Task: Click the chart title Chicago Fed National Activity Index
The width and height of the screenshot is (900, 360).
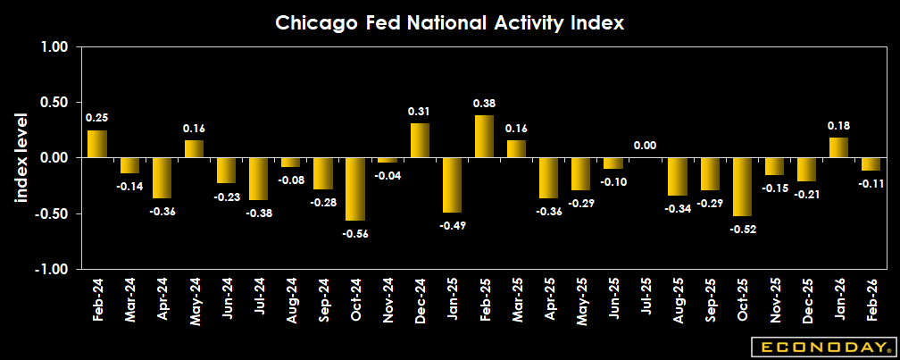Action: pos(449,22)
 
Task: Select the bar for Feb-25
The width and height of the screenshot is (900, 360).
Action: pos(484,137)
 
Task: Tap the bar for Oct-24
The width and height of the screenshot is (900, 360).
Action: pos(355,189)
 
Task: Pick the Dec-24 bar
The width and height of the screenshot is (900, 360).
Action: pos(420,141)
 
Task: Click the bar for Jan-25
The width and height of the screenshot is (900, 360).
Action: pos(452,185)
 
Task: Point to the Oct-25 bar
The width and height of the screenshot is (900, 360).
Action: pos(741,187)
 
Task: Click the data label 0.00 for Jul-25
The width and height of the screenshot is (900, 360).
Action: pos(645,146)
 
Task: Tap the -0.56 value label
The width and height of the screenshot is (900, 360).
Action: pos(355,233)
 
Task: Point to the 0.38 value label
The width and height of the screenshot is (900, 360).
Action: pos(484,104)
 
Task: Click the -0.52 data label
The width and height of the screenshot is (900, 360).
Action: pos(741,228)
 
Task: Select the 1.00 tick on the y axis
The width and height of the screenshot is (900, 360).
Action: pos(55,47)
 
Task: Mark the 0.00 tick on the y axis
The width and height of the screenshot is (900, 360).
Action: pos(55,158)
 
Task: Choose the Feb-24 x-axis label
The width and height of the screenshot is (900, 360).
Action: pos(97,299)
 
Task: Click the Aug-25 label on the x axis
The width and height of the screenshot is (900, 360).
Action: pos(677,299)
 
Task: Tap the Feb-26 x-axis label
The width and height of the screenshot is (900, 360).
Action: pos(870,299)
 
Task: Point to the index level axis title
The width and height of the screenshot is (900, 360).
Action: pos(21,158)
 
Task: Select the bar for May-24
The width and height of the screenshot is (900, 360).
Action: pos(195,149)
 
